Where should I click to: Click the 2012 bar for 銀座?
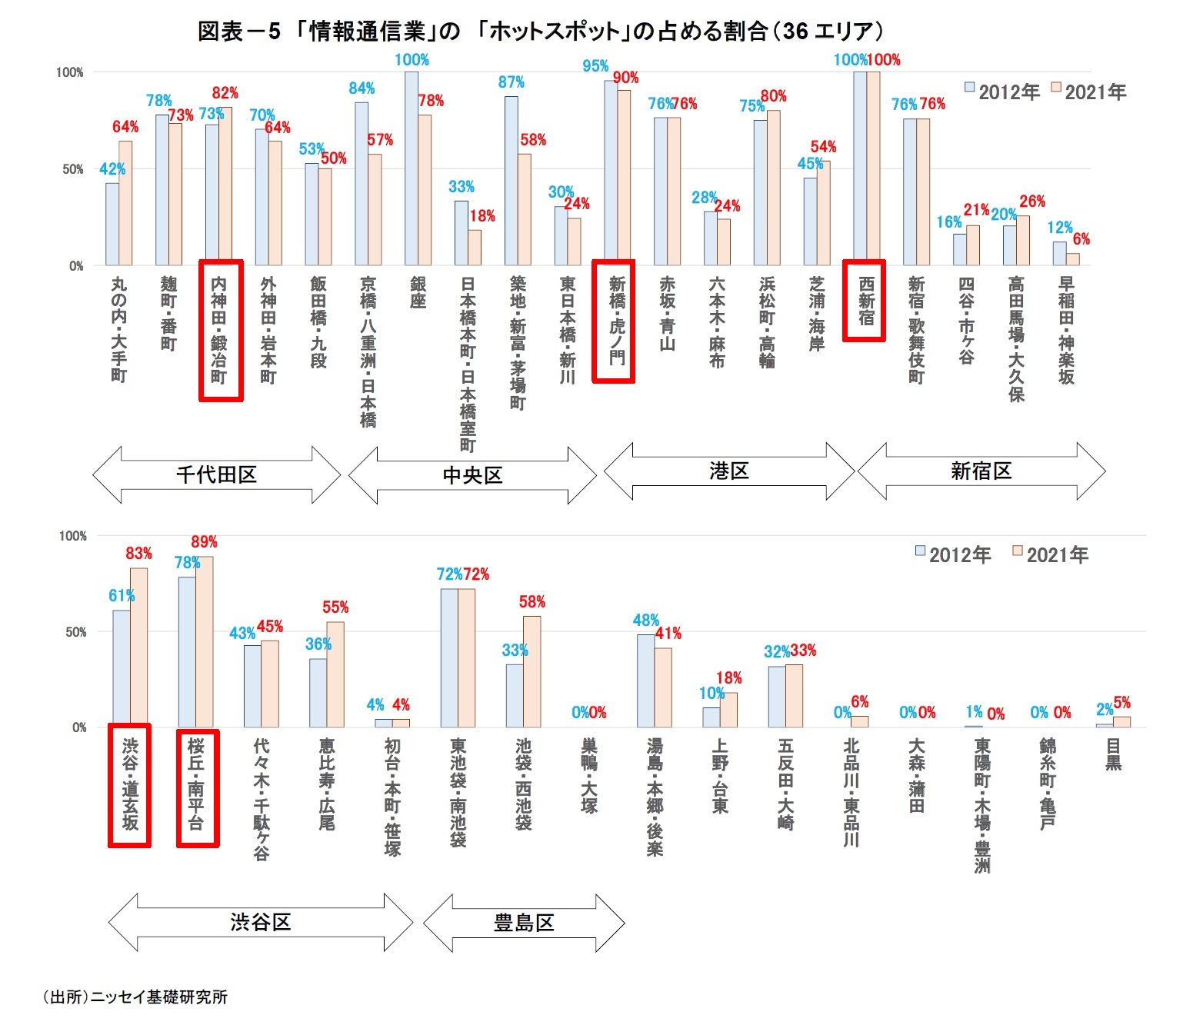click(x=412, y=169)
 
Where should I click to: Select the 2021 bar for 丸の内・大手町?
click(x=125, y=204)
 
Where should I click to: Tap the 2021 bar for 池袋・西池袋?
click(x=532, y=672)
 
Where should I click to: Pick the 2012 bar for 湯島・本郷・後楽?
click(x=645, y=681)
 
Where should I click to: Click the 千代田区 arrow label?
click(x=216, y=474)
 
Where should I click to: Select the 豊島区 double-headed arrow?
click(x=524, y=923)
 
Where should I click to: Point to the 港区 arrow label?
click(x=728, y=471)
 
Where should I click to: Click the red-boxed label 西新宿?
click(x=865, y=301)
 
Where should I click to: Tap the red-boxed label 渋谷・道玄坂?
click(x=129, y=785)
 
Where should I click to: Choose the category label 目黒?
click(x=1113, y=754)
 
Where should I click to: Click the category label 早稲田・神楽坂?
click(x=1066, y=331)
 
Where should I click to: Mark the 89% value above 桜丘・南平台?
click(x=205, y=542)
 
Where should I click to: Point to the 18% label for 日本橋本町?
click(x=482, y=216)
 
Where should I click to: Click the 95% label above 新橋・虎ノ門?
click(x=595, y=66)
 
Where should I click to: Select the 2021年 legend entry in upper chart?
click(x=1088, y=92)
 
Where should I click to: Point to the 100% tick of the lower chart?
click(x=73, y=536)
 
